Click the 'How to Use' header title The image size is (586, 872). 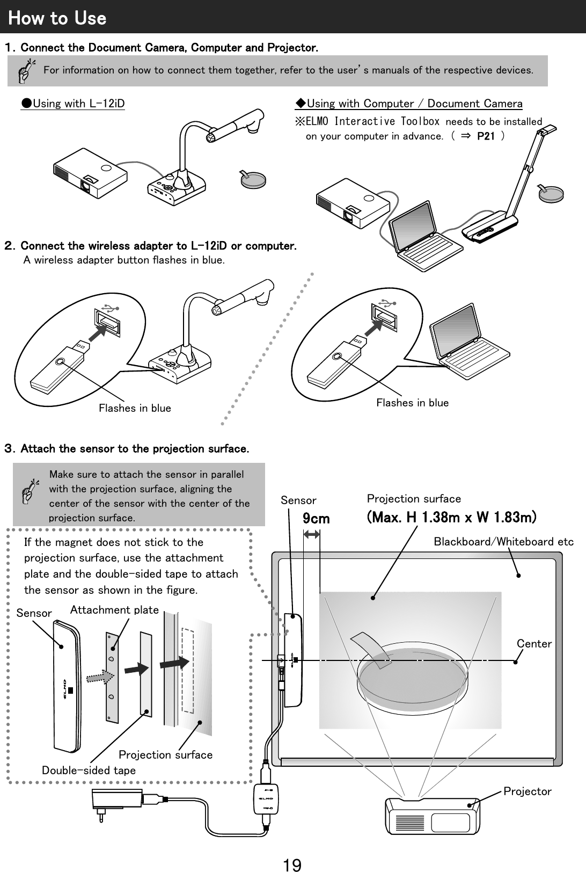57,18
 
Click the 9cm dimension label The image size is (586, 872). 316,519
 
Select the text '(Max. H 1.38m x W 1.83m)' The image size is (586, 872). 451,518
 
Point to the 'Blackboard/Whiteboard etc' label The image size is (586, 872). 503,542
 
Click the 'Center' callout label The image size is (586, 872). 534,644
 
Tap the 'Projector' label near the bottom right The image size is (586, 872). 527,791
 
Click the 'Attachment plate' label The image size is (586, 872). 114,610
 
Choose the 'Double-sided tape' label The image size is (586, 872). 89,771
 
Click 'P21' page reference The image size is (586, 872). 486,136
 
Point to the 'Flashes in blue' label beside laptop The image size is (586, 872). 412,403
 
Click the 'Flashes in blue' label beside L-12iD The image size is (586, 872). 135,408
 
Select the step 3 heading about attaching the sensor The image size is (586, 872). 127,448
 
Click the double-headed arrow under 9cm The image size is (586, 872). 311,534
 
